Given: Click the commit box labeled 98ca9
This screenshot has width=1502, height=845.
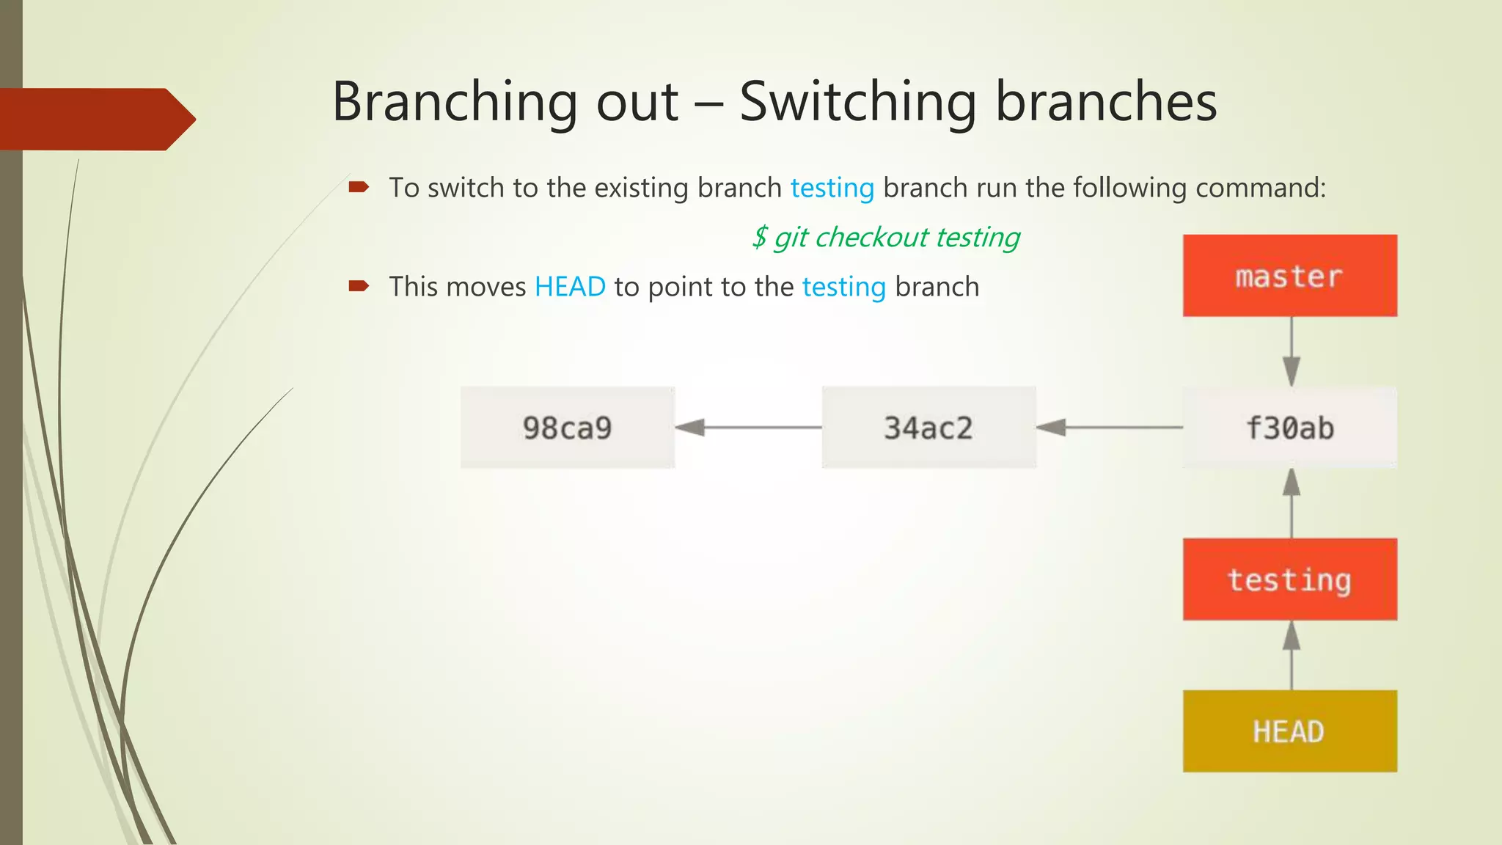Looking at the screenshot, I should [x=567, y=428].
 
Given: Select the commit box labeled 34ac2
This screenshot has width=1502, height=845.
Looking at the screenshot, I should [x=928, y=428].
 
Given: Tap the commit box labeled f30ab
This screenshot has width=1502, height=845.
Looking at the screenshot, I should [x=1289, y=428].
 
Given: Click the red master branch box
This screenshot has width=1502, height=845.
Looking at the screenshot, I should [x=1289, y=276].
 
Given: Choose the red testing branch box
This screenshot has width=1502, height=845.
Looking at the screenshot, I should [x=1289, y=579].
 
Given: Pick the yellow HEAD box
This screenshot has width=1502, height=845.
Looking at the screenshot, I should [x=1289, y=731].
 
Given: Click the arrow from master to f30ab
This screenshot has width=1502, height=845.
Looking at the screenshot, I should [x=1292, y=351].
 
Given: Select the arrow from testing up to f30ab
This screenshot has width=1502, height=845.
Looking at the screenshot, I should [x=1292, y=503].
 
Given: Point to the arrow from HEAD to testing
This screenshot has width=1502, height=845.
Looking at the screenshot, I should [x=1292, y=655].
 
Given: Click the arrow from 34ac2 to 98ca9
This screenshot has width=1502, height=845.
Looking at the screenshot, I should [x=748, y=427].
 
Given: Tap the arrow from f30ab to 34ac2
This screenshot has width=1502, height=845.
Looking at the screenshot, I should [x=1109, y=427].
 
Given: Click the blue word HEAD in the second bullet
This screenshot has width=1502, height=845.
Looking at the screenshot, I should [x=570, y=287].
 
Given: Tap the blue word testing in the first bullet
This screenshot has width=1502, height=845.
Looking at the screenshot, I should [x=832, y=188].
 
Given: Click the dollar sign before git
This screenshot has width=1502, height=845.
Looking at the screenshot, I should [x=760, y=238].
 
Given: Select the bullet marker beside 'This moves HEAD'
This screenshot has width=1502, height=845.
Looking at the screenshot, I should [x=358, y=286].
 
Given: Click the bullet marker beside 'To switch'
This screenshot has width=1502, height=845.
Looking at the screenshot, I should [x=358, y=187].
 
